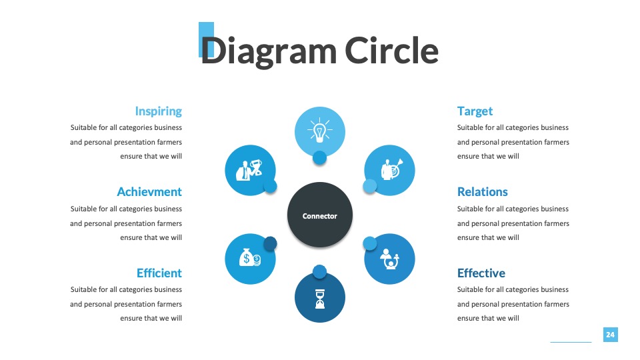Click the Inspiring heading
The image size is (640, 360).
(x=159, y=111)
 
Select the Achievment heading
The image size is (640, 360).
(x=149, y=192)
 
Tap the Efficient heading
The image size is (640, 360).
(x=159, y=273)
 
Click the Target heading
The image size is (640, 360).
(x=475, y=111)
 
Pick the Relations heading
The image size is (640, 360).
(x=483, y=192)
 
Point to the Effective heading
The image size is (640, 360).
(x=481, y=273)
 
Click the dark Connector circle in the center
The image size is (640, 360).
(x=320, y=215)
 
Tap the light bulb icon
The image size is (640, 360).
(x=320, y=130)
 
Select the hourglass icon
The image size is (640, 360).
(x=320, y=299)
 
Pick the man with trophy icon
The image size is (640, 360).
(x=249, y=169)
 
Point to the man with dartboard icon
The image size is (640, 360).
(x=391, y=169)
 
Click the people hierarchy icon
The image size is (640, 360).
(x=389, y=259)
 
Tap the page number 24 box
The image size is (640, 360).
(x=610, y=335)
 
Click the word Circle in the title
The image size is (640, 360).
(x=391, y=51)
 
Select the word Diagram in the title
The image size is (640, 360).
(x=269, y=52)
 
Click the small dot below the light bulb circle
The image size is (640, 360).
(x=319, y=157)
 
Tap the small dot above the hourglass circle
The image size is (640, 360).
(x=319, y=272)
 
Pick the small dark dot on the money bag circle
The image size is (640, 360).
(x=270, y=244)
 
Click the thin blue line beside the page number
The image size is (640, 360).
(x=571, y=342)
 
